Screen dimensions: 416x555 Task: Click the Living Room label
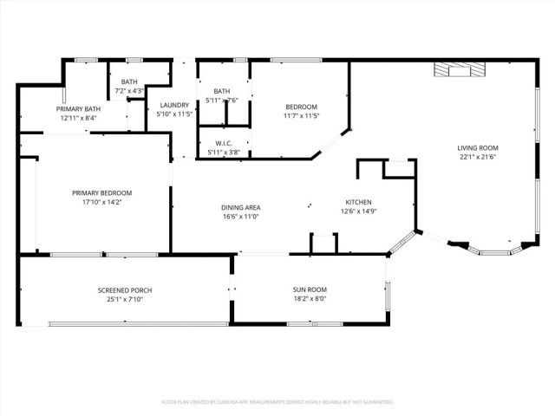coord(478,147)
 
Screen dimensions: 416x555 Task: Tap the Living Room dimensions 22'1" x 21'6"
coord(478,158)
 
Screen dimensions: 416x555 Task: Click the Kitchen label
coord(358,202)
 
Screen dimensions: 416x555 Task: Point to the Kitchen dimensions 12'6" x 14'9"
coord(358,211)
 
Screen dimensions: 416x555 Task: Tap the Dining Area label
coord(240,207)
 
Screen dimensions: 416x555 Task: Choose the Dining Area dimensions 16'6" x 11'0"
coord(240,217)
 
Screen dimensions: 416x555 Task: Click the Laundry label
coord(173,105)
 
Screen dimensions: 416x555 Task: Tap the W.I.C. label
coord(224,143)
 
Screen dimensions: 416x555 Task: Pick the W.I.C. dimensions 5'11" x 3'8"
coord(224,153)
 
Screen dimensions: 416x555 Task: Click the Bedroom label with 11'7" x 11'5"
coord(301,107)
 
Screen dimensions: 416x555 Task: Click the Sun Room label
coord(310,289)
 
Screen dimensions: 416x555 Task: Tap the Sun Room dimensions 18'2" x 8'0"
coord(310,300)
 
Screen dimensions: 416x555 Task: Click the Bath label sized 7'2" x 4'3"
coord(129,81)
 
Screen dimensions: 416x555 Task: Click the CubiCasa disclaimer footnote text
coord(277,402)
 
